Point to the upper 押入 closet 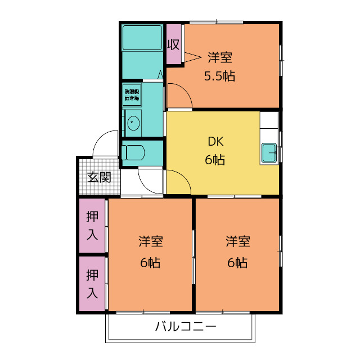tap(92, 226)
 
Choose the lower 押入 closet tap(92, 283)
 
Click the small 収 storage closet tap(174, 44)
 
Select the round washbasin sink tap(133, 123)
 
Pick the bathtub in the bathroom tap(142, 38)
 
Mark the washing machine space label tap(132, 94)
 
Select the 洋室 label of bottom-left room tap(151, 242)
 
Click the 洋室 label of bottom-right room tap(238, 242)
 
